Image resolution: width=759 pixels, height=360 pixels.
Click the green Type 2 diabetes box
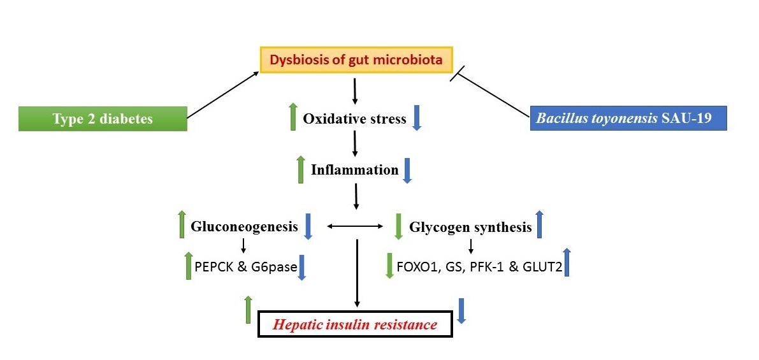coord(103,119)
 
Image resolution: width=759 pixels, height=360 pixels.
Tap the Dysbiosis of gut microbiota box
coord(356,60)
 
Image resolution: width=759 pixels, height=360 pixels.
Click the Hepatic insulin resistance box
coord(355,324)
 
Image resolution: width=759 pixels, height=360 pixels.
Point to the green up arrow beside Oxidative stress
coord(293,117)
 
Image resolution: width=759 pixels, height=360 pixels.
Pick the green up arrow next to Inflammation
coord(301,170)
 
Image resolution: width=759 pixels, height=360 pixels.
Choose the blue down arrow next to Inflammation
coord(407,171)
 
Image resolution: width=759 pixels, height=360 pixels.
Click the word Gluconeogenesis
coord(244,226)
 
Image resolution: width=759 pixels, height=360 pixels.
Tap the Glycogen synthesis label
coord(470,226)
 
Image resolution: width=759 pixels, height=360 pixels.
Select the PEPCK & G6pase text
coord(246,266)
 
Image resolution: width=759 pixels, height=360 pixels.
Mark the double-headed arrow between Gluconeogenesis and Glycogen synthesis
coord(356,226)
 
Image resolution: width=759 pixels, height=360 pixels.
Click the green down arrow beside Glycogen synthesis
coord(398,226)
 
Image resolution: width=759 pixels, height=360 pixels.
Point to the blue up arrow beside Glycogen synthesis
coord(540,224)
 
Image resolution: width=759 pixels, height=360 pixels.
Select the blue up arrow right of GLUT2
coord(567,262)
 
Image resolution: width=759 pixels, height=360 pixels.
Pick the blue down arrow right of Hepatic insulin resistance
coord(461,311)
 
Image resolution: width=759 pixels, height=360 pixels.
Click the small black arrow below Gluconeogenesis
coord(243,246)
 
